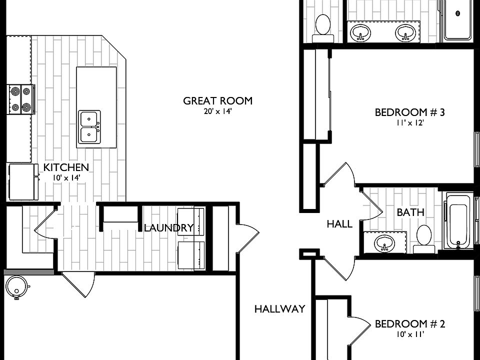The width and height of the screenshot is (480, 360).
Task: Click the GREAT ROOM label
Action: (x=217, y=100)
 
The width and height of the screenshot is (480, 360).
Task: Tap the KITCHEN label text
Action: (x=66, y=167)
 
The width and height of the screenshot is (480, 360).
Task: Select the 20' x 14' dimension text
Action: (x=217, y=111)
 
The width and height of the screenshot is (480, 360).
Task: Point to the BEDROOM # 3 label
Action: (x=410, y=112)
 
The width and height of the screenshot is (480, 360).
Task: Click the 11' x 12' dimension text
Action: (x=410, y=123)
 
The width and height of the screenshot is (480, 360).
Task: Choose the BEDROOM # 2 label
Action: (x=410, y=323)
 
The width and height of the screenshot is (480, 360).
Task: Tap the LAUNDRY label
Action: (x=169, y=228)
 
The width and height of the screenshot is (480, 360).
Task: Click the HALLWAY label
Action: (x=280, y=309)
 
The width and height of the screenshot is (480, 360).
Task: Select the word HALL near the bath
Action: (x=339, y=224)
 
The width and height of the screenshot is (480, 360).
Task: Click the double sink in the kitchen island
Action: (x=89, y=127)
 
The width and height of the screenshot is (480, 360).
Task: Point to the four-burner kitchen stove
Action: (x=21, y=99)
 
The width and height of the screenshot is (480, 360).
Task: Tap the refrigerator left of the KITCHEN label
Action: (x=23, y=182)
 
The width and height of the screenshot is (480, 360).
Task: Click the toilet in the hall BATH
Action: (x=424, y=239)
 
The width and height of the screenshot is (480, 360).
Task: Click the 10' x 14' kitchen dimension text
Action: (x=66, y=177)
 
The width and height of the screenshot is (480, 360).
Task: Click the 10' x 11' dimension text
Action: (x=410, y=334)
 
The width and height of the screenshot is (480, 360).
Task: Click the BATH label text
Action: (x=410, y=212)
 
